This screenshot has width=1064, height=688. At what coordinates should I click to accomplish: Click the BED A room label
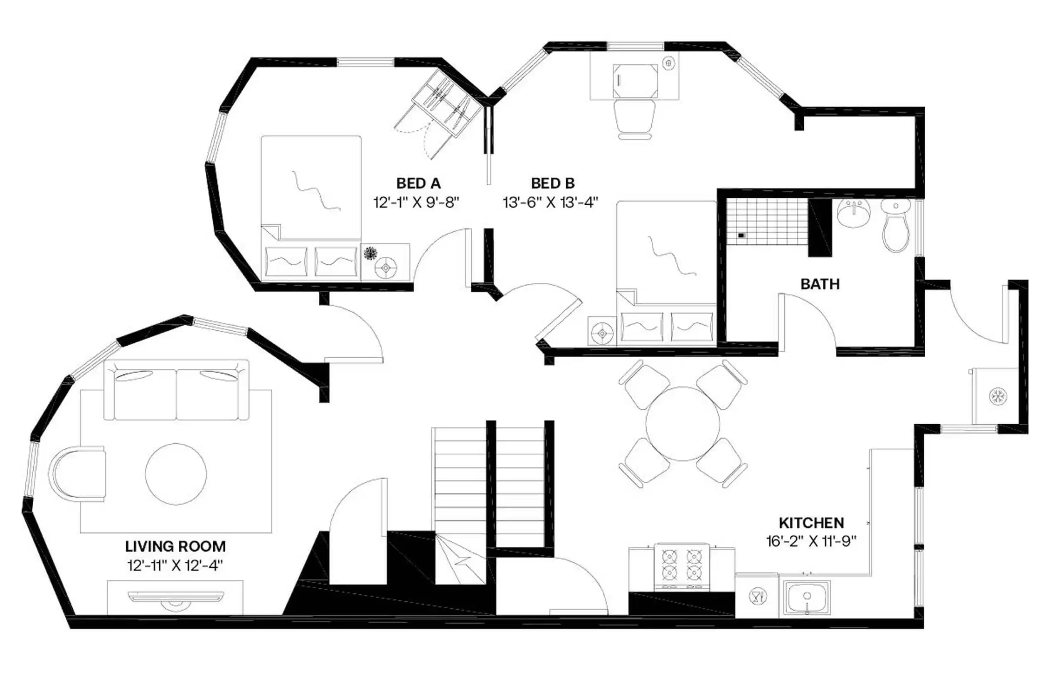pyautogui.click(x=418, y=183)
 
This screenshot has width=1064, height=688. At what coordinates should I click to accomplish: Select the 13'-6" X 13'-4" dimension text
pyautogui.click(x=550, y=202)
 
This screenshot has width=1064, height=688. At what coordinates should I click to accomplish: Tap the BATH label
pyautogui.click(x=820, y=284)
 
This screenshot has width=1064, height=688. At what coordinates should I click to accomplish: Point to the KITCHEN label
pyautogui.click(x=811, y=523)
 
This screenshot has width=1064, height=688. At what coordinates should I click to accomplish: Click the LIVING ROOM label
pyautogui.click(x=175, y=546)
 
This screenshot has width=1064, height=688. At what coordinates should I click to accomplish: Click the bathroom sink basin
pyautogui.click(x=853, y=214)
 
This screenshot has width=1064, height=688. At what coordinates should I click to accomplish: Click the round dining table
pyautogui.click(x=682, y=423)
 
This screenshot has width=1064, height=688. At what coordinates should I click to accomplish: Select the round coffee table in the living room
pyautogui.click(x=176, y=474)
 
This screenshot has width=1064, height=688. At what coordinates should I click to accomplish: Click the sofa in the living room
pyautogui.click(x=176, y=391)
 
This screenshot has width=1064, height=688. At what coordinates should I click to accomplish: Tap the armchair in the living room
pyautogui.click(x=79, y=474)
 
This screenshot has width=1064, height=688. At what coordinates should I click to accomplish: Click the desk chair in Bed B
pyautogui.click(x=634, y=117)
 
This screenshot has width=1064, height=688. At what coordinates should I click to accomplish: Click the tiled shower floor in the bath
pyautogui.click(x=767, y=222)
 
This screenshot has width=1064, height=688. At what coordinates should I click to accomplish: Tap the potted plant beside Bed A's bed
pyautogui.click(x=370, y=253)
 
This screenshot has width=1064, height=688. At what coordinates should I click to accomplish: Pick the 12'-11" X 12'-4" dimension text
pyautogui.click(x=175, y=565)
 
